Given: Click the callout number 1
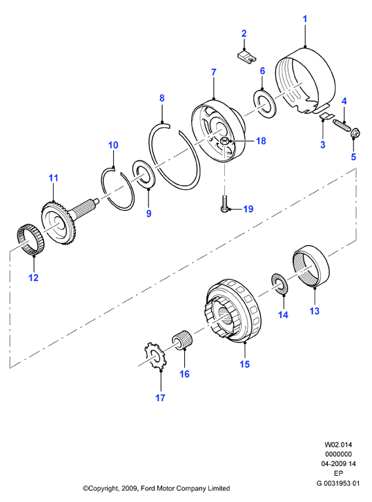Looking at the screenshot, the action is [x=305, y=19].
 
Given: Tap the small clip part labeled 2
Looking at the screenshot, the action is [x=247, y=57].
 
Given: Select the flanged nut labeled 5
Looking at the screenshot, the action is [x=355, y=133].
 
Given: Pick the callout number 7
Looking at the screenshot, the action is [x=214, y=73].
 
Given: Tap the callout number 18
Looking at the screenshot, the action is [x=261, y=141].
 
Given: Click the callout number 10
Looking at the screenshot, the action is [x=113, y=145].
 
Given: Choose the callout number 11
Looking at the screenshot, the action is [x=53, y=177].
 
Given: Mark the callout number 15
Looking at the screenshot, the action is [x=245, y=365].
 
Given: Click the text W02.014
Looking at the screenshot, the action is [x=338, y=445].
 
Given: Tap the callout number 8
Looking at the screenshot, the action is [x=162, y=98].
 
